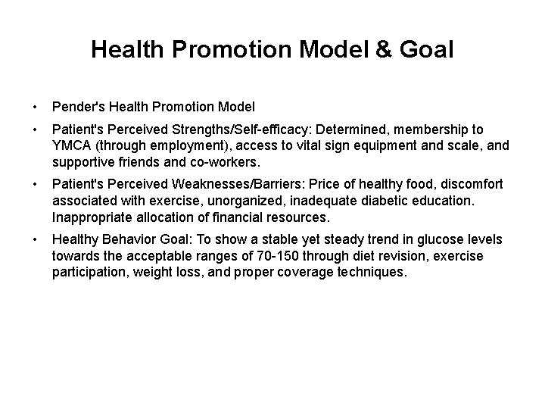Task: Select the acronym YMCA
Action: click(72, 145)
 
